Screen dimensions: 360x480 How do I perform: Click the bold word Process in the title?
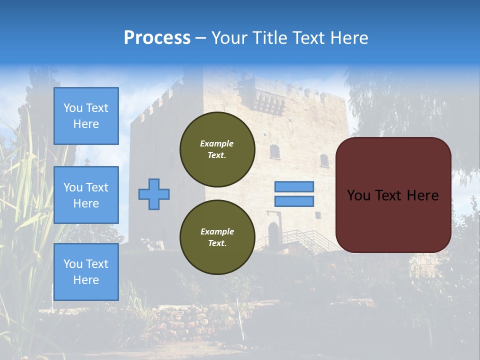click(157, 38)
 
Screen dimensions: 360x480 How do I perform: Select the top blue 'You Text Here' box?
click(86, 116)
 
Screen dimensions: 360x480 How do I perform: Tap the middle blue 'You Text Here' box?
click(86, 195)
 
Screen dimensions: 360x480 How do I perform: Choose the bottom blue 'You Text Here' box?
click(86, 271)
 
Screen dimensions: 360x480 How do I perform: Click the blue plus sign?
click(153, 194)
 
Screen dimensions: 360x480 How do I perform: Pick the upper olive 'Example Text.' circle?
click(217, 149)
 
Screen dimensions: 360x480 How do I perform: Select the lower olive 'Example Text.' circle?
click(217, 237)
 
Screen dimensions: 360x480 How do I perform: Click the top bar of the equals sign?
click(294, 187)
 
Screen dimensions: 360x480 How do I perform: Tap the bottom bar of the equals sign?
click(294, 201)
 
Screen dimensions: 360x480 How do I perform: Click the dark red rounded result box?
click(393, 195)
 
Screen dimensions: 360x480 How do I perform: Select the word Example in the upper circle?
click(217, 143)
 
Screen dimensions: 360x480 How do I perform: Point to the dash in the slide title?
click(201, 38)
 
